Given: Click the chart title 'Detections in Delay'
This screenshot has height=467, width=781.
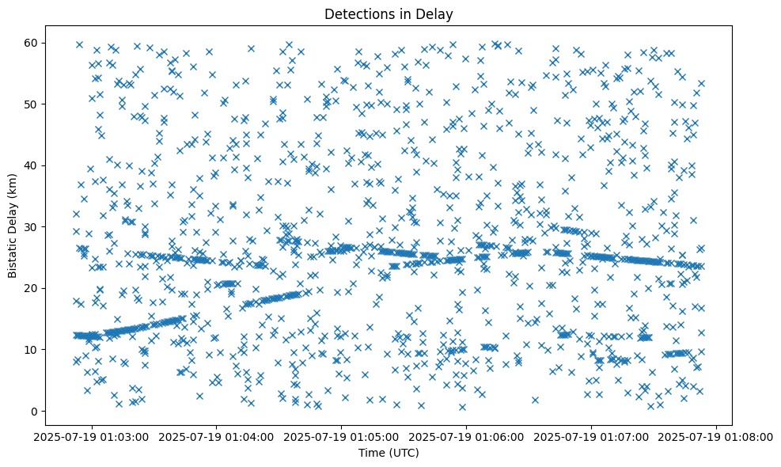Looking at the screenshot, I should coord(389,13).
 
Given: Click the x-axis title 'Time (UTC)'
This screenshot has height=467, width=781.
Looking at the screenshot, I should coord(389,454).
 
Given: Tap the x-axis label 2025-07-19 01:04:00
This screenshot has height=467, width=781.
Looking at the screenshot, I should coord(216,436).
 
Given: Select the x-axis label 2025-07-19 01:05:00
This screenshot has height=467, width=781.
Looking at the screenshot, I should coord(341,436).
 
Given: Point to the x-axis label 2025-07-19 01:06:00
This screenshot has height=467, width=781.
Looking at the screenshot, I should coord(466,436).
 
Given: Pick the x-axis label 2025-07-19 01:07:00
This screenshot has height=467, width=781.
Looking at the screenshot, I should coord(592,436).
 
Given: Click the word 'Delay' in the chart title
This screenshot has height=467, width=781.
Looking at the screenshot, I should coord(435,13).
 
